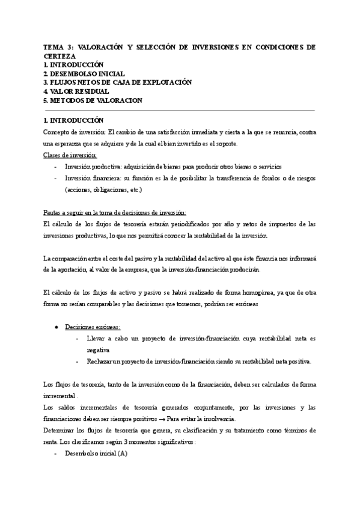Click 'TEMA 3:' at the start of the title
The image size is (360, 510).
point(59,46)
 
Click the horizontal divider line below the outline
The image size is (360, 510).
point(180,110)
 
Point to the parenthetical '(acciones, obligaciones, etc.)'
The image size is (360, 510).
point(103,189)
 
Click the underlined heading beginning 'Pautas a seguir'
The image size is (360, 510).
point(115,212)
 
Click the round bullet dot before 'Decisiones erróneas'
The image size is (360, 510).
point(55,327)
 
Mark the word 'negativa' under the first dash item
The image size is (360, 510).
point(100,349)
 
